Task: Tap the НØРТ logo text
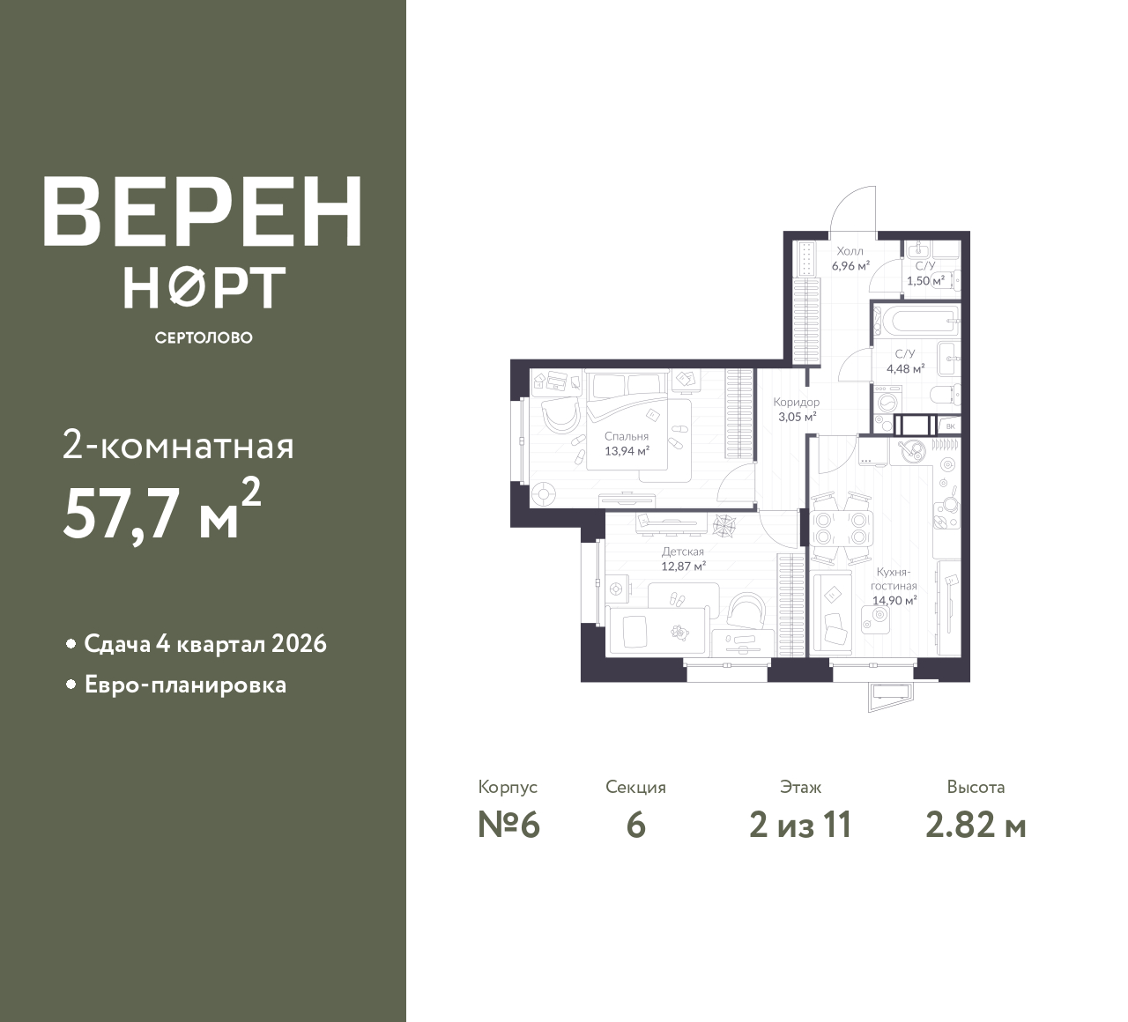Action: (204, 287)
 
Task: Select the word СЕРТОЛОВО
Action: (204, 337)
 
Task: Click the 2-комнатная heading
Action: (178, 448)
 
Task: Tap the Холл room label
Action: (850, 251)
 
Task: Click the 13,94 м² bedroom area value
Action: (627, 450)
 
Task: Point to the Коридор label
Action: (797, 402)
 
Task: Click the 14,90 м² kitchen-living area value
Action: (894, 600)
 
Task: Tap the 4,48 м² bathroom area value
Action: (905, 369)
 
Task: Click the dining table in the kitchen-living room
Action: (841, 528)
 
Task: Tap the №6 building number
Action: (508, 826)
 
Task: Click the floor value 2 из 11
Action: (800, 826)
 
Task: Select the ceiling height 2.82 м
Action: (976, 826)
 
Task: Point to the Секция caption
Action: (635, 787)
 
